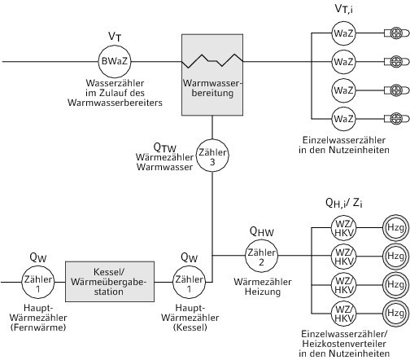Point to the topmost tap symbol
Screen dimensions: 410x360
point(396,33)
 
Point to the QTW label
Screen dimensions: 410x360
point(165,147)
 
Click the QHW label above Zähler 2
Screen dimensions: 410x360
point(262,231)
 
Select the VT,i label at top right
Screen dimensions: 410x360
point(344,9)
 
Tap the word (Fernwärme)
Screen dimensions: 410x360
point(38,327)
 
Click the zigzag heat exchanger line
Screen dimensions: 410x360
point(212,60)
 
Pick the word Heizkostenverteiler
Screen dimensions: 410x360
point(344,344)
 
